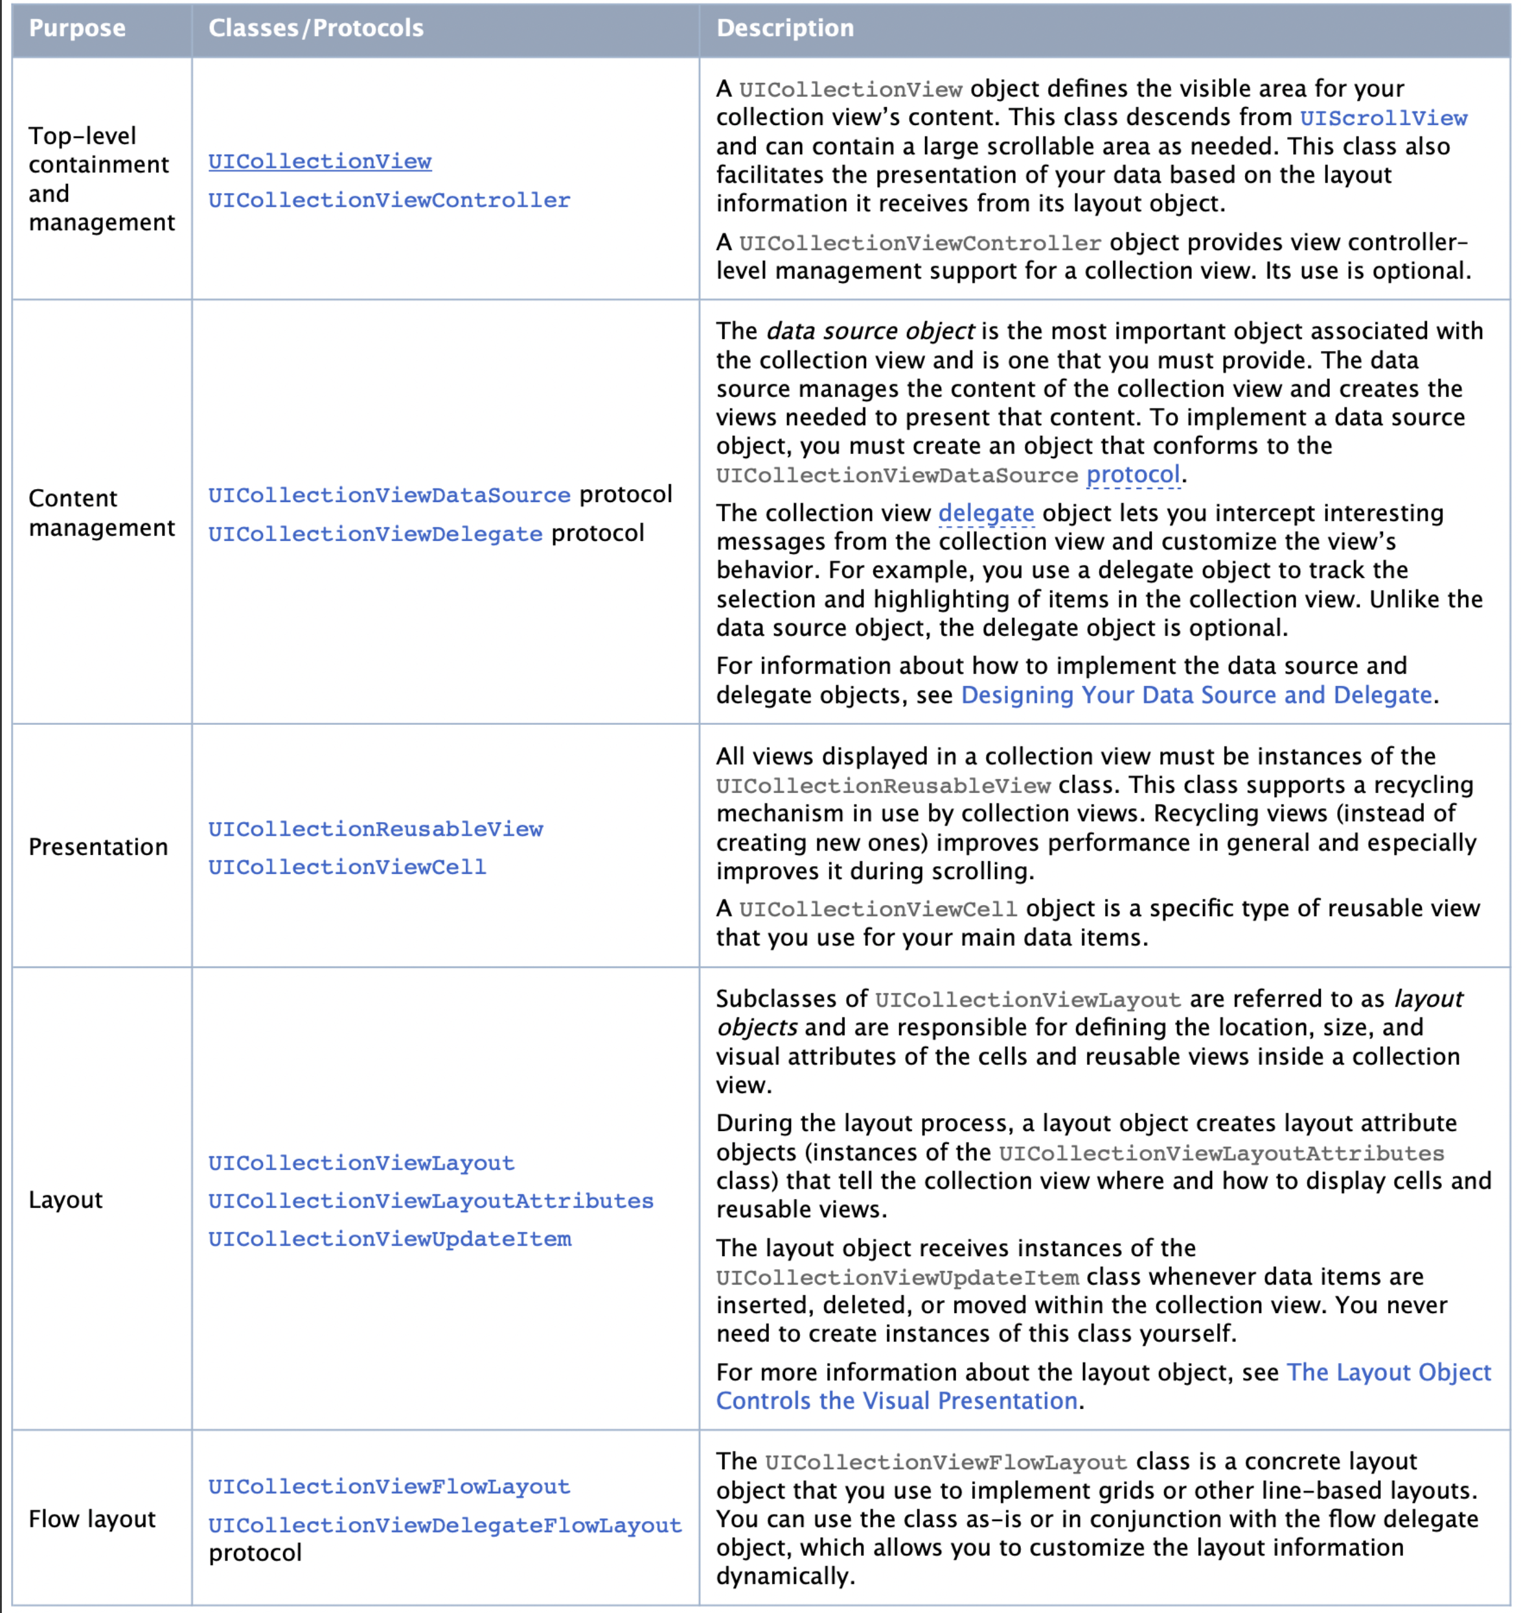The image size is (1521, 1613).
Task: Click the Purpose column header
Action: click(77, 29)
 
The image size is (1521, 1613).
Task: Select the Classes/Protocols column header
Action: click(315, 29)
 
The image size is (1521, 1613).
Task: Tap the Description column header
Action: click(784, 29)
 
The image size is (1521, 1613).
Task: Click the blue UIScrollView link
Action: click(1382, 119)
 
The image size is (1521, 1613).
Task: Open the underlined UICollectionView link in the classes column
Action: click(319, 161)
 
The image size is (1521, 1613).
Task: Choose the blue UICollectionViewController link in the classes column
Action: click(389, 200)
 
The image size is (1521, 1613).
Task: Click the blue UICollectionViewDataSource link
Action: click(389, 495)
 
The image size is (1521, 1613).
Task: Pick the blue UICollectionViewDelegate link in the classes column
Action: click(375, 534)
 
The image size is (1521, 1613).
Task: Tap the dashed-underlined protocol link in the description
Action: click(1132, 475)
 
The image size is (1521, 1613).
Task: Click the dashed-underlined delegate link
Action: click(986, 514)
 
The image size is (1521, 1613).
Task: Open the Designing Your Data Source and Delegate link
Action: click(1196, 695)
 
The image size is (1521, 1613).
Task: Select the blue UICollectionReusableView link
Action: click(376, 829)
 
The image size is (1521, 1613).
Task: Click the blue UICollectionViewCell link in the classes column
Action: click(347, 867)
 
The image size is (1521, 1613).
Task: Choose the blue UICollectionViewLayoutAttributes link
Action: click(431, 1201)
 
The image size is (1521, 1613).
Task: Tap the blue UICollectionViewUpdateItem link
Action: click(389, 1239)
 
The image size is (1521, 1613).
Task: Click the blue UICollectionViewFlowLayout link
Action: click(389, 1487)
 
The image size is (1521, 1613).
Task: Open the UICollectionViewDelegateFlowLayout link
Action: click(444, 1526)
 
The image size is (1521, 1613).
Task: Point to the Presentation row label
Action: click(98, 847)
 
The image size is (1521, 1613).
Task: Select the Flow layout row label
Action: click(92, 1519)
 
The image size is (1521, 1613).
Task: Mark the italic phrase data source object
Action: click(869, 332)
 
